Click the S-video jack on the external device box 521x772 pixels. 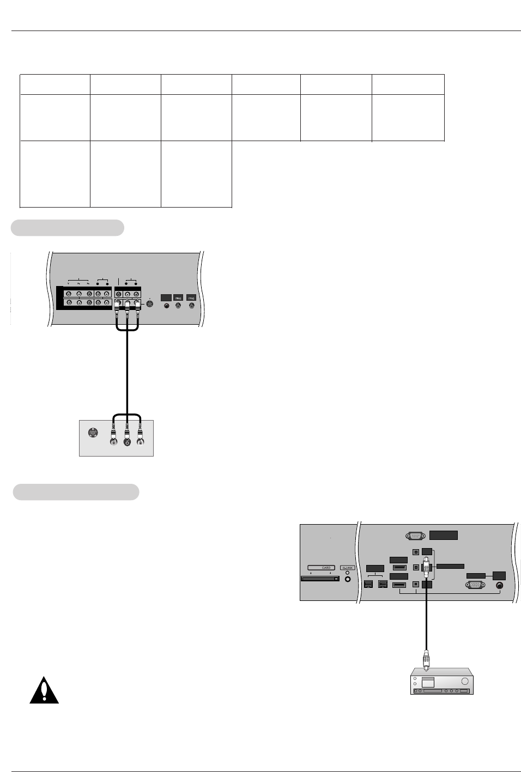pyautogui.click(x=93, y=434)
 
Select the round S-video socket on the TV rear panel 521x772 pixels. pyautogui.click(x=150, y=304)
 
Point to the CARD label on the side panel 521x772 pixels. pyautogui.click(x=326, y=568)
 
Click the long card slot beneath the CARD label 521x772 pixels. pyautogui.click(x=320, y=579)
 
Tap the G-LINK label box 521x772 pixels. pyautogui.click(x=347, y=568)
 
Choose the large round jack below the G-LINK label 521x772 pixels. pyautogui.click(x=348, y=579)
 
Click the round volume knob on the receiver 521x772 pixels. pyautogui.click(x=464, y=681)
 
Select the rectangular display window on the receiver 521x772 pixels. pyautogui.click(x=428, y=682)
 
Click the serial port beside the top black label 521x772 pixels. pyautogui.click(x=416, y=536)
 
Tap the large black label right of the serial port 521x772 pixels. pyautogui.click(x=443, y=535)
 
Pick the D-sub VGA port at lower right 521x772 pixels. pyautogui.click(x=475, y=585)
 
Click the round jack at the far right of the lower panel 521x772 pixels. pyautogui.click(x=500, y=586)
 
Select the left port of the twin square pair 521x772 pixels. pyautogui.click(x=368, y=585)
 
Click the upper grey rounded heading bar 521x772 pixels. pyautogui.click(x=68, y=228)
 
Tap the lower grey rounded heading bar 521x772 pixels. pyautogui.click(x=76, y=492)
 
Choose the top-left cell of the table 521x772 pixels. pyautogui.click(x=55, y=84)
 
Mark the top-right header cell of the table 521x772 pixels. pyautogui.click(x=408, y=84)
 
